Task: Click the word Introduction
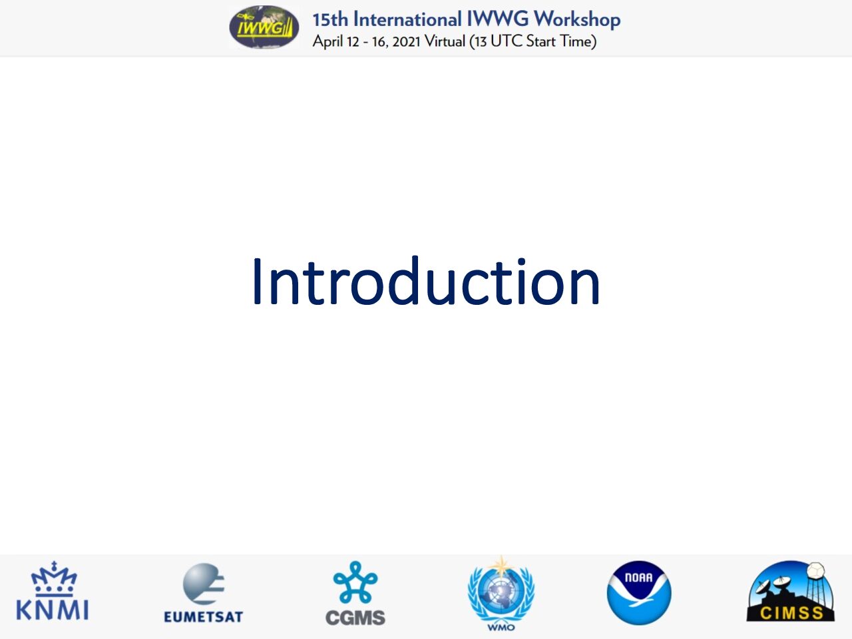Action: [426, 282]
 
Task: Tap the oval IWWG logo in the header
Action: [264, 27]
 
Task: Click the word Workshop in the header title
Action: [577, 20]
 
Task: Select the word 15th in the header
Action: [330, 20]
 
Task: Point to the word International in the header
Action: [407, 19]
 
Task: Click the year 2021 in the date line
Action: [407, 41]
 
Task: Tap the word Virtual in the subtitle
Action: [445, 41]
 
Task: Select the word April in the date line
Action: [328, 41]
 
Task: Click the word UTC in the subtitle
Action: [507, 41]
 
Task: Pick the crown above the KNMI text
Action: [54, 578]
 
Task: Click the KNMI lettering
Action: [53, 610]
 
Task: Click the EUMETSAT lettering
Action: [204, 617]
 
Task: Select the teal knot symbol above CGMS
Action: [355, 582]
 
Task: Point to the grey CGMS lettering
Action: [355, 617]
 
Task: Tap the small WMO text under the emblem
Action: [501, 628]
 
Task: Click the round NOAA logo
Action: [639, 593]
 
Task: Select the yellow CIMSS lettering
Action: [791, 614]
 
